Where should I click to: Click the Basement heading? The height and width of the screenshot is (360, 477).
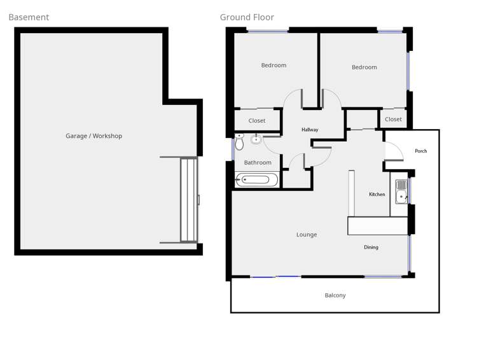coord(29,17)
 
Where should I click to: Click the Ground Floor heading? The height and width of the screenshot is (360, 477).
coord(247,17)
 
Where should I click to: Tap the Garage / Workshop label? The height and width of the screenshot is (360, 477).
coord(93,136)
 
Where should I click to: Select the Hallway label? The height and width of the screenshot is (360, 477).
coord(310,130)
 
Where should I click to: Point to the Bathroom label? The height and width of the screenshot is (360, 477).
coord(258,163)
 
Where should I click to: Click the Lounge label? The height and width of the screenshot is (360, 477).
coord(307,235)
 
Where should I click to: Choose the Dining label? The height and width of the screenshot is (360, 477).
coord(371,247)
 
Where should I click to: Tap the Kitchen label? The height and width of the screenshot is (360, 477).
coord(377,195)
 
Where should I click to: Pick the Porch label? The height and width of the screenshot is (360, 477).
coord(421,151)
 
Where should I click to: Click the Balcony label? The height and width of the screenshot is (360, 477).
coord(335,296)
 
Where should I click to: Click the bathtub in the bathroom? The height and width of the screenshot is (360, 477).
coord(257,180)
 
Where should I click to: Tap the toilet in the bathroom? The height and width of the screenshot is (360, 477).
coord(239,142)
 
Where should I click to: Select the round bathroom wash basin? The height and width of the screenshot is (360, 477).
coord(256,139)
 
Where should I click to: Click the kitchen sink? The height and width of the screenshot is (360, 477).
coord(401,192)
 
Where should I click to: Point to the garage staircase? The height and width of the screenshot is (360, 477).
coord(188,200)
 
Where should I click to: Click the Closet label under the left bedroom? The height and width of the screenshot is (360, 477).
coord(257,121)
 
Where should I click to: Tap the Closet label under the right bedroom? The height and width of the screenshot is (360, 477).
coord(393,120)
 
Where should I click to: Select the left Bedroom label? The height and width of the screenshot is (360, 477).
coord(273,66)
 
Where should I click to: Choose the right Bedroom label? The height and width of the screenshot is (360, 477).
coord(364,67)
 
